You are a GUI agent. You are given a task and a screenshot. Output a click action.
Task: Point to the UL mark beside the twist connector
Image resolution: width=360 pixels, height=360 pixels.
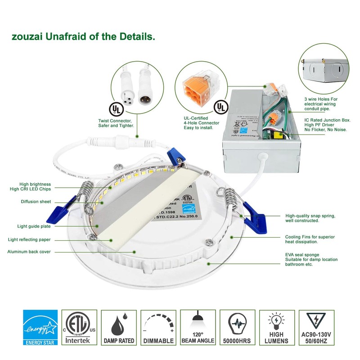(x=115, y=109)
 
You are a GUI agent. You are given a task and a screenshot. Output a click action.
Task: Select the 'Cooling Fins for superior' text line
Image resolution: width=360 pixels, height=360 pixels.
(x=311, y=237)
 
